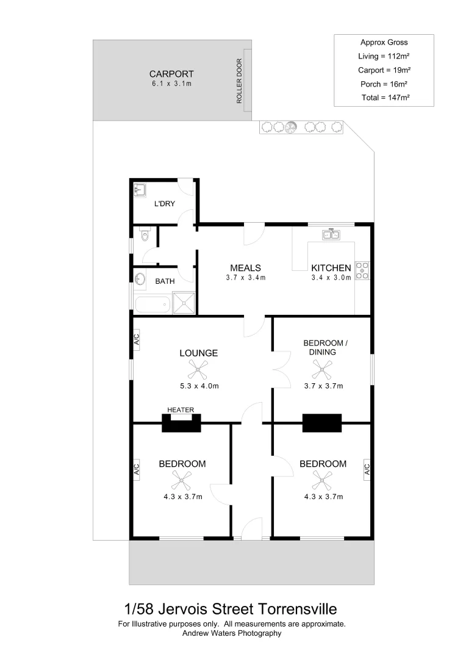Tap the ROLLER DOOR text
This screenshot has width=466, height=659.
point(239,81)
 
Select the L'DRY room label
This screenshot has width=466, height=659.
point(165,203)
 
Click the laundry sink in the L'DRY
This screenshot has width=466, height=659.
point(138,189)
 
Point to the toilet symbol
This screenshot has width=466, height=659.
point(144,235)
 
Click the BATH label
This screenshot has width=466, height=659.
point(165,281)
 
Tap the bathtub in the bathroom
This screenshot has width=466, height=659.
point(152,304)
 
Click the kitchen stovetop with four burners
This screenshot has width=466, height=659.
point(362,270)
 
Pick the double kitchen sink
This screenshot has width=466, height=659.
point(332,234)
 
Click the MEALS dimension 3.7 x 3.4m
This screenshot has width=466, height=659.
point(245,278)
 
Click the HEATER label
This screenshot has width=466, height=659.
point(181,409)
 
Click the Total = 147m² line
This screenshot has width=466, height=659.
point(384,97)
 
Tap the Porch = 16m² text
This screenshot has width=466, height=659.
point(384,84)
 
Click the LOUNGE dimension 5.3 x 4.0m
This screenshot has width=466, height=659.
point(199,386)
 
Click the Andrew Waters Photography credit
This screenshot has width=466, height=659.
point(232,633)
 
